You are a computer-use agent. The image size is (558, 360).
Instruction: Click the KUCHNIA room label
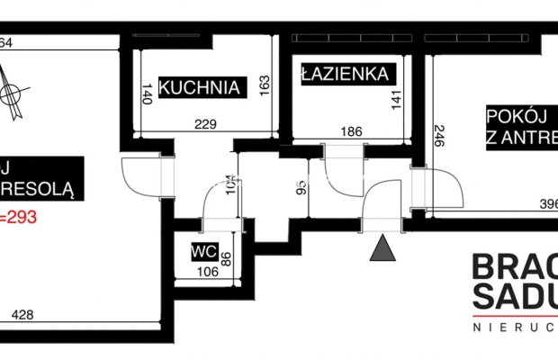pos(201,87)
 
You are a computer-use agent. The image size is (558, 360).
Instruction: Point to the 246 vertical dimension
pos(438,139)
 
